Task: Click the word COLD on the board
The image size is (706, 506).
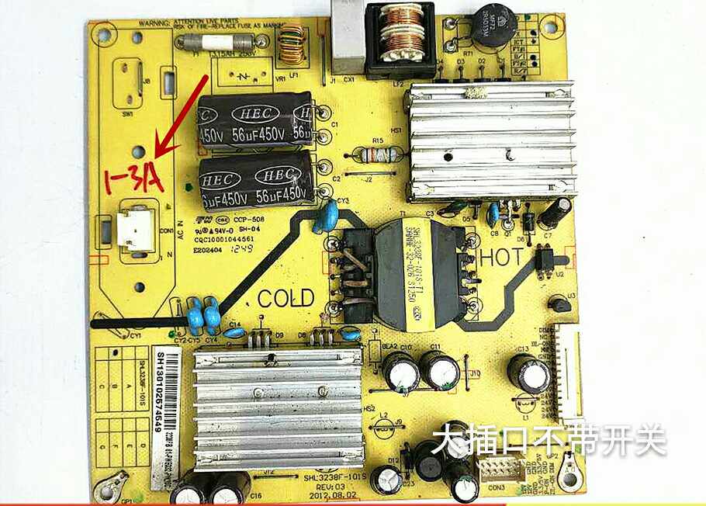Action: click(286, 298)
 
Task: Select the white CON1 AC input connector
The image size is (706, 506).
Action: click(135, 230)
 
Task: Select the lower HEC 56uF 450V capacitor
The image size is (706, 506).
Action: click(255, 182)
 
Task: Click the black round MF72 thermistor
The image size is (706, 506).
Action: click(496, 26)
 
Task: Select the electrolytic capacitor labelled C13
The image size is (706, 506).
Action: click(529, 374)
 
